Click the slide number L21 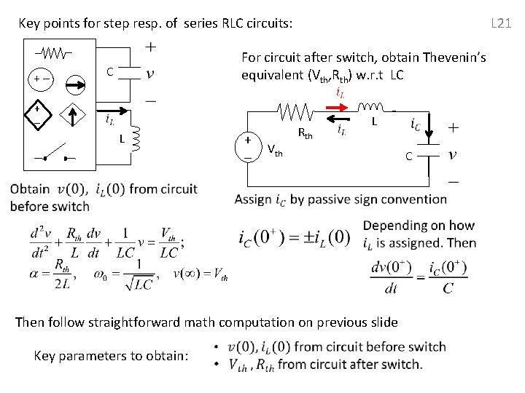coord(501,23)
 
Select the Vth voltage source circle coord(249,148)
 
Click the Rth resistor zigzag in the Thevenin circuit coord(296,112)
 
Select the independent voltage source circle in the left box coord(40,86)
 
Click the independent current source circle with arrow coord(75,86)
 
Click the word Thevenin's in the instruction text coord(452,57)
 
